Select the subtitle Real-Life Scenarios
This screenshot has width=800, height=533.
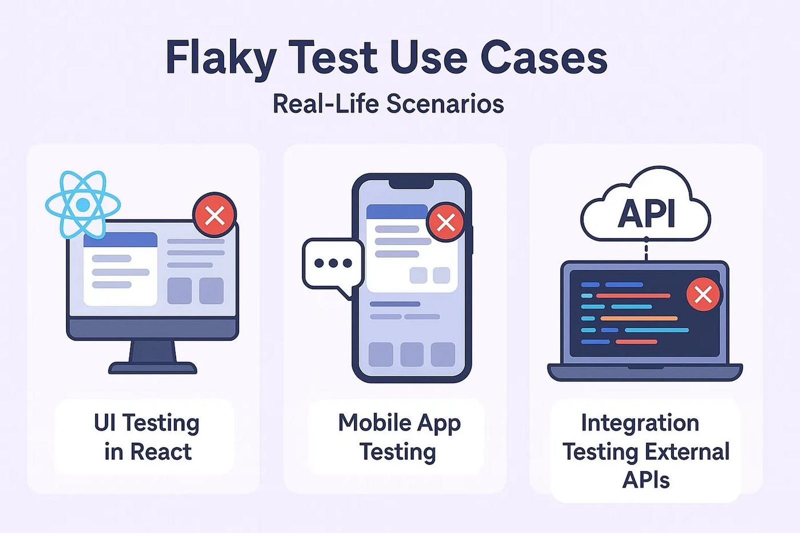pyautogui.click(x=388, y=104)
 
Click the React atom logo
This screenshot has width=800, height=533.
pyautogui.click(x=83, y=204)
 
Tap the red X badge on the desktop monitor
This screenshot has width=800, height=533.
pyautogui.click(x=214, y=215)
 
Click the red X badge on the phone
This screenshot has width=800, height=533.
pyautogui.click(x=445, y=222)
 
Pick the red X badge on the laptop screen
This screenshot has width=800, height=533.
pyautogui.click(x=703, y=294)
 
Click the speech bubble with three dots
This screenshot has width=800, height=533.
pyautogui.click(x=332, y=263)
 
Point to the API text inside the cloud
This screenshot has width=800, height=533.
pyautogui.click(x=646, y=213)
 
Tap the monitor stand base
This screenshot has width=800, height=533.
pyautogui.click(x=152, y=368)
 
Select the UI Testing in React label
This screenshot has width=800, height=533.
pyautogui.click(x=146, y=437)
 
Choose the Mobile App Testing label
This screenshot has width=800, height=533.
pyautogui.click(x=398, y=437)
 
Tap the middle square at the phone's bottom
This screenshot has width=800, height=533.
pyautogui.click(x=411, y=354)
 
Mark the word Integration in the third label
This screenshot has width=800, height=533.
pyautogui.click(x=639, y=423)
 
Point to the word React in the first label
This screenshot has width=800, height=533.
pyautogui.click(x=160, y=452)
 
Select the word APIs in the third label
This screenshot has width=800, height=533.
pyautogui.click(x=645, y=480)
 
